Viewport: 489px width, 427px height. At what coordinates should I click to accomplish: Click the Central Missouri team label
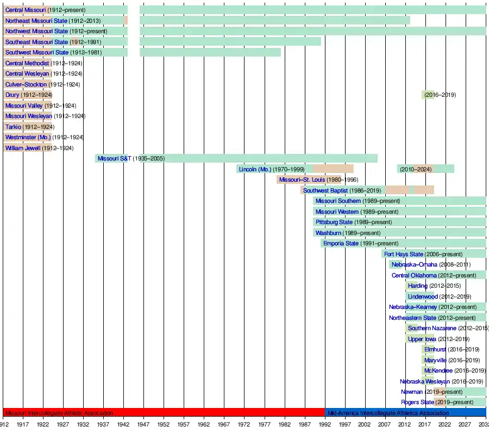(26, 10)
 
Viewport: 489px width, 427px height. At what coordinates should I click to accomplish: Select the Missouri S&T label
(114, 159)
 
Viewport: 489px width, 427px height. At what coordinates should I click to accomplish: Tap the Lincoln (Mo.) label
(255, 169)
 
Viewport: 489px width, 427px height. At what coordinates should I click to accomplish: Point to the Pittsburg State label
(334, 222)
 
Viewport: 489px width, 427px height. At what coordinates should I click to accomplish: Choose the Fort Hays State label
(403, 254)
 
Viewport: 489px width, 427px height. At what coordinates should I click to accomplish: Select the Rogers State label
(417, 403)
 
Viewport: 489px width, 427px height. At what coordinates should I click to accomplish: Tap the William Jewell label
(23, 148)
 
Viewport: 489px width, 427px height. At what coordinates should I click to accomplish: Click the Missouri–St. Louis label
(302, 180)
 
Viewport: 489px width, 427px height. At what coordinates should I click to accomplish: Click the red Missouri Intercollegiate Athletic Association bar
(163, 413)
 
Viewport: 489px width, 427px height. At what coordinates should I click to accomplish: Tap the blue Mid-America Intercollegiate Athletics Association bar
(405, 413)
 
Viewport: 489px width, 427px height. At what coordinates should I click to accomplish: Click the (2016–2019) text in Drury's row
(440, 95)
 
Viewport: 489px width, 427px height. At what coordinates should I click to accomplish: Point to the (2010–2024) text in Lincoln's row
(416, 169)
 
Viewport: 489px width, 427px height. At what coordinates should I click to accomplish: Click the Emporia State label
(341, 244)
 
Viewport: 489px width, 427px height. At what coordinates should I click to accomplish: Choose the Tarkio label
(13, 127)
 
